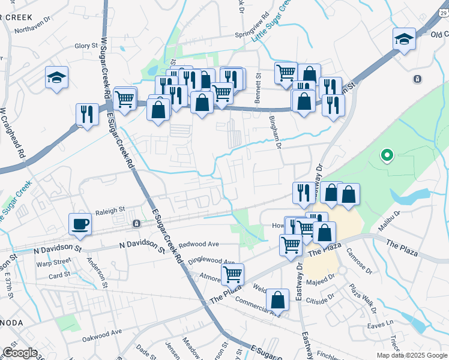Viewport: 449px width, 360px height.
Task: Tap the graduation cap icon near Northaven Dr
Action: pyautogui.click(x=56, y=77)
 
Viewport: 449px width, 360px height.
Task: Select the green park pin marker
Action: pyautogui.click(x=387, y=156)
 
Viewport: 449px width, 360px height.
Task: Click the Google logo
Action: pyautogui.click(x=20, y=353)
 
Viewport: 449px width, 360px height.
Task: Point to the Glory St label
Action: pyautogui.click(x=86, y=46)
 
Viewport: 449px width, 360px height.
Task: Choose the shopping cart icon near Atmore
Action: pyautogui.click(x=232, y=275)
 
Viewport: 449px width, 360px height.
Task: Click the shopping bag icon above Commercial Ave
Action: pyautogui.click(x=278, y=300)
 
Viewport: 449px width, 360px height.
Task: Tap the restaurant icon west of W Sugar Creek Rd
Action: pyautogui.click(x=87, y=115)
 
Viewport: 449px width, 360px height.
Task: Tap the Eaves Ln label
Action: pyautogui.click(x=381, y=322)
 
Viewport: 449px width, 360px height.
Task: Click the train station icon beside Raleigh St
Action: pyautogui.click(x=137, y=223)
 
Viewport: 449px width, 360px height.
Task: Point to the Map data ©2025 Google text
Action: pyautogui.click(x=411, y=355)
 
